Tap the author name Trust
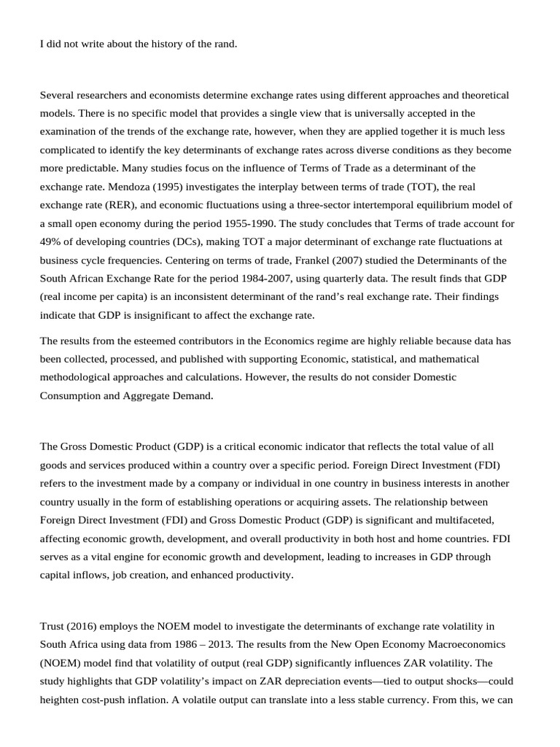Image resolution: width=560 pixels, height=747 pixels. pyautogui.click(x=52, y=626)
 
